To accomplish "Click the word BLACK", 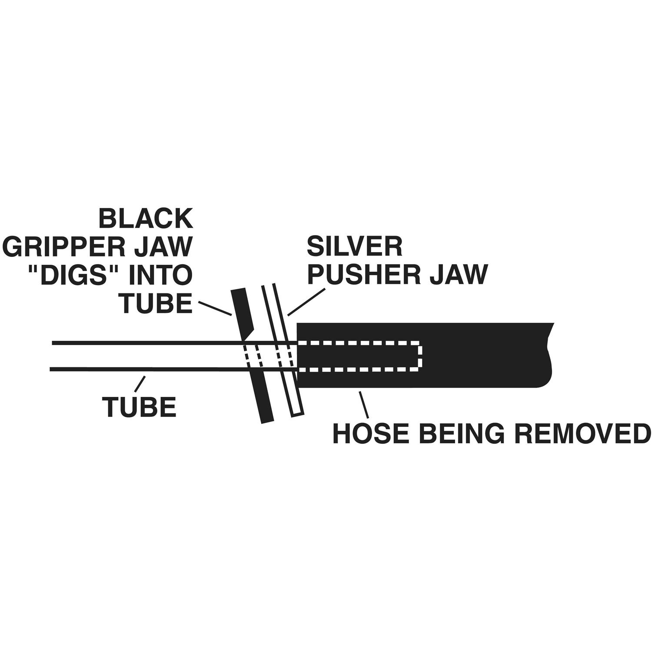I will pyautogui.click(x=146, y=219).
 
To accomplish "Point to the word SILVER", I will pyautogui.click(x=355, y=247).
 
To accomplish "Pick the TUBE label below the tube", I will pyautogui.click(x=140, y=407).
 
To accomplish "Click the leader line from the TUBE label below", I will pyautogui.click(x=140, y=383).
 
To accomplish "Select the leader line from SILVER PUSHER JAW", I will pyautogui.click(x=306, y=301).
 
